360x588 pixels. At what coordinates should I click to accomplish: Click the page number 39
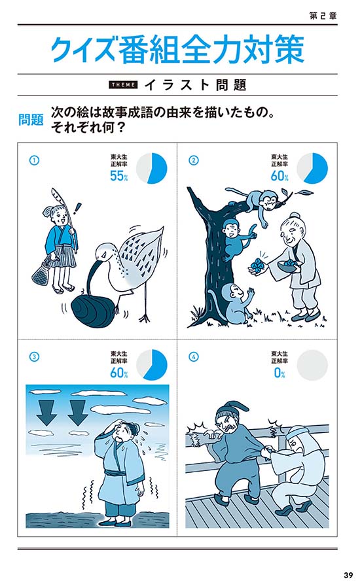click(348, 575)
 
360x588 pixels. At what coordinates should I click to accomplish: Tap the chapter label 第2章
click(323, 16)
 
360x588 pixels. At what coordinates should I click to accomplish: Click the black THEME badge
click(123, 85)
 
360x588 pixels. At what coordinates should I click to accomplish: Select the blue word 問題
click(31, 120)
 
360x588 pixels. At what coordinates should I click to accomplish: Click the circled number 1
click(34, 160)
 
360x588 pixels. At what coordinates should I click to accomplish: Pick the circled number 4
click(193, 357)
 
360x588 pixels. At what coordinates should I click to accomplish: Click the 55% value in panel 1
click(118, 175)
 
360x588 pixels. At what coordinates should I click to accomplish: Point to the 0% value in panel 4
click(279, 372)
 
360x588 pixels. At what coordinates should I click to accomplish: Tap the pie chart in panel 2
click(312, 168)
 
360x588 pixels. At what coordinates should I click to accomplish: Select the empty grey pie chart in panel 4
click(312, 365)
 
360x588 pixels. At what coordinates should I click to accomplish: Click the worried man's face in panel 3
click(123, 434)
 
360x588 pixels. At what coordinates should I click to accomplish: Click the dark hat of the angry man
click(226, 410)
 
